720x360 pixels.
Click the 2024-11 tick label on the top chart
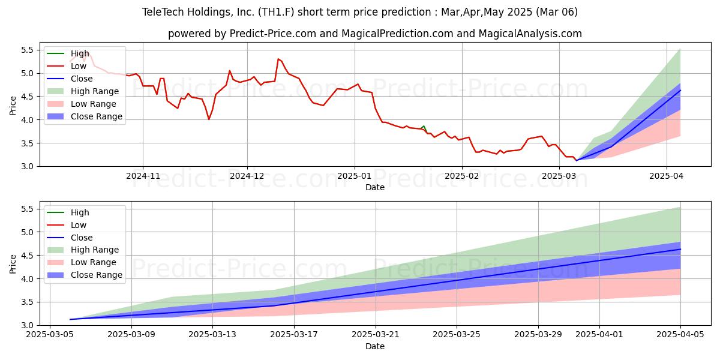point(142,176)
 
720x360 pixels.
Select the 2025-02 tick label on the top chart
point(461,176)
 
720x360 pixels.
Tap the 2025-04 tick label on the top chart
point(667,176)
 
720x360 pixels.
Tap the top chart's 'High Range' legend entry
point(95,91)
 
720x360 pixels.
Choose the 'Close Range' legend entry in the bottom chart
point(97,275)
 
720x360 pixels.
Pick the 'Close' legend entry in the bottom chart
point(82,238)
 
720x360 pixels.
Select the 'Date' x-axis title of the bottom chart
point(375,346)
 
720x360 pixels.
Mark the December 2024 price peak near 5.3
point(278,59)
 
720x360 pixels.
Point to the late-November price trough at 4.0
point(209,119)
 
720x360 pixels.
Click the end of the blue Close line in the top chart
point(680,90)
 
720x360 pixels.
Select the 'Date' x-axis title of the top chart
point(375,187)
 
